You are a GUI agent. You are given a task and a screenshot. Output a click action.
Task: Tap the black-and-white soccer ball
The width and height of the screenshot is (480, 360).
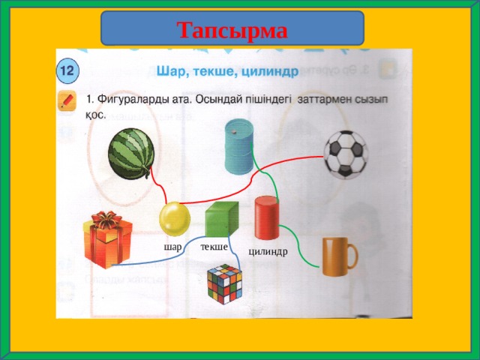345,154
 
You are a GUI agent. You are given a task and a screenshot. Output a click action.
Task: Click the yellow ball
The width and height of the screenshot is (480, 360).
175,219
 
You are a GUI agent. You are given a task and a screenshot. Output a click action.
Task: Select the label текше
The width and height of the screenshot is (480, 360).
214,247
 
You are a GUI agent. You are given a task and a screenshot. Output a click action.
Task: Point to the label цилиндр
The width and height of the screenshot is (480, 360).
268,252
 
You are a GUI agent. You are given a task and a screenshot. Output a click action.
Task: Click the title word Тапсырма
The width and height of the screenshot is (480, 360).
232,30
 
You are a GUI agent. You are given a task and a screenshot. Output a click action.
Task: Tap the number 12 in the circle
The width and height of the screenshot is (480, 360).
66,70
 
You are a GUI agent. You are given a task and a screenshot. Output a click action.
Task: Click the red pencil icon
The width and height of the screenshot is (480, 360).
67,101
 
